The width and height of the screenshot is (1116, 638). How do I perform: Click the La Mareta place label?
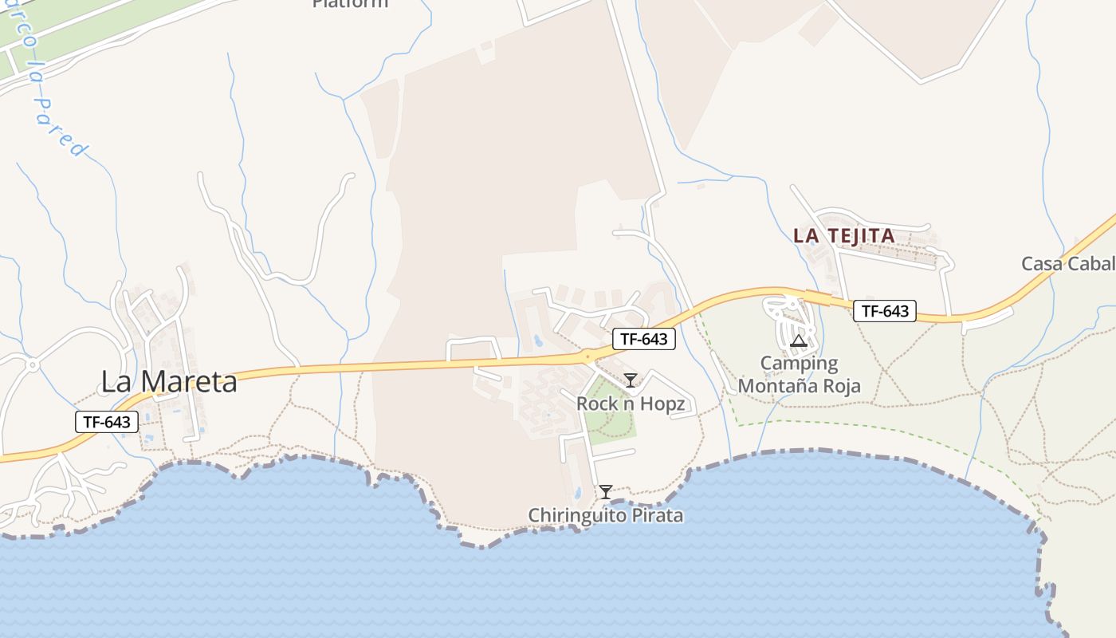tap(169, 382)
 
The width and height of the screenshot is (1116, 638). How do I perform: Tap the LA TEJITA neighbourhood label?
tap(843, 236)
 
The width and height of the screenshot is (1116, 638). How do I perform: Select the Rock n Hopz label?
tap(630, 404)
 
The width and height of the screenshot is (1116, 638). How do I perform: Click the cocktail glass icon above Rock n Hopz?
tap(631, 380)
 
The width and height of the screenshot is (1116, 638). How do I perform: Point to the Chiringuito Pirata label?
tap(605, 515)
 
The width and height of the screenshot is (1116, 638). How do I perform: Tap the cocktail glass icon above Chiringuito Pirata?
tap(606, 492)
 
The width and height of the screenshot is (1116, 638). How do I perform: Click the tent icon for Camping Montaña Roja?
tap(799, 341)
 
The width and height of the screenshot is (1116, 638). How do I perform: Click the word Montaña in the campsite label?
tap(776, 387)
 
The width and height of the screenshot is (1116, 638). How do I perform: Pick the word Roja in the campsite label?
tap(839, 387)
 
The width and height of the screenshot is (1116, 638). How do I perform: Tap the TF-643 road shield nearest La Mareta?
tap(107, 422)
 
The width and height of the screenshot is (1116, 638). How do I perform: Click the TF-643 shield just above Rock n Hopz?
tap(644, 339)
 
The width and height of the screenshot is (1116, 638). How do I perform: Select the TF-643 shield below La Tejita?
tap(884, 311)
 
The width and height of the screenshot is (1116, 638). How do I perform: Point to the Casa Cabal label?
tap(1068, 264)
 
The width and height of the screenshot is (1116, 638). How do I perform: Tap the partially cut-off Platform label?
tap(350, 3)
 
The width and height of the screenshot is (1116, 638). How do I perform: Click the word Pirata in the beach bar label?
tap(656, 515)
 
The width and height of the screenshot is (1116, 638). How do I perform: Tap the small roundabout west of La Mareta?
tap(33, 365)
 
